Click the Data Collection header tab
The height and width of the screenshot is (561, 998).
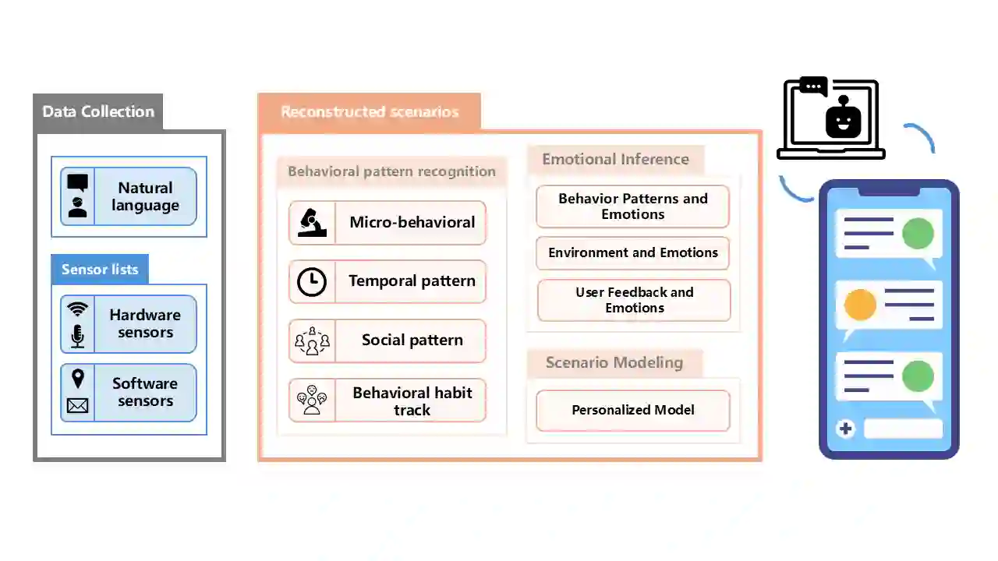tap(98, 111)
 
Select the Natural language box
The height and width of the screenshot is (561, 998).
tap(129, 196)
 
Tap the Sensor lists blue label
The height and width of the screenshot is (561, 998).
tap(100, 270)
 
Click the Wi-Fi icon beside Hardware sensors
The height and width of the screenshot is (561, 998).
tap(77, 309)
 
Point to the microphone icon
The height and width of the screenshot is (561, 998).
tap(77, 336)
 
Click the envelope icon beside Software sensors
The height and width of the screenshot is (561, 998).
tap(77, 405)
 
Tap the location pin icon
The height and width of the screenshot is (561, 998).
tap(77, 379)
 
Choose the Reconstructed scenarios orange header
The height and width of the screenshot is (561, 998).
tap(370, 111)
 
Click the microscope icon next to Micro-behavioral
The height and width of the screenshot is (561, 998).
tap(312, 223)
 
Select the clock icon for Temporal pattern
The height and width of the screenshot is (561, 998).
tap(312, 281)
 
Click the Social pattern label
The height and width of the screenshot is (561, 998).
tap(412, 340)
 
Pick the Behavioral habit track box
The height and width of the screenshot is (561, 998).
tap(388, 400)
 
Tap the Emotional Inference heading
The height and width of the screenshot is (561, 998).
tap(615, 160)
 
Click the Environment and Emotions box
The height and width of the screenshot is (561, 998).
tap(632, 253)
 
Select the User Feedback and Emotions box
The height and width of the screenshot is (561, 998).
tap(634, 300)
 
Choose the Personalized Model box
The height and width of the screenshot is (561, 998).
tap(632, 411)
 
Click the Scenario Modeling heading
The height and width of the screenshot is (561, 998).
tap(614, 362)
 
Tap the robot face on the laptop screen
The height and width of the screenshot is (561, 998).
tap(843, 122)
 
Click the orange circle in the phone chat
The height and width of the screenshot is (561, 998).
tap(860, 305)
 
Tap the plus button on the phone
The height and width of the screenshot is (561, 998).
tap(846, 429)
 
